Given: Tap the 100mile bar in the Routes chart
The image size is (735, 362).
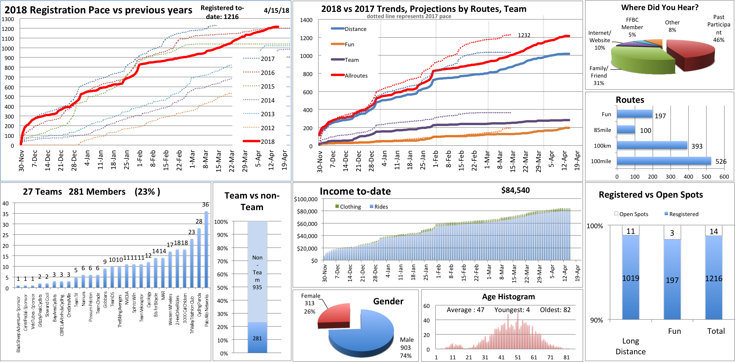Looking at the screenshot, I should [664, 161].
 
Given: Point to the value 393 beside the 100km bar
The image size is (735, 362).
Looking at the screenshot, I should [697, 146].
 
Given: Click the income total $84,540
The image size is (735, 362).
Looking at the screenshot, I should [515, 190].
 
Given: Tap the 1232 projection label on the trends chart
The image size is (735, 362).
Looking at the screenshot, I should [524, 35].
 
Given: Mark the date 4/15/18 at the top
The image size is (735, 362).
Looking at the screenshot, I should [276, 10].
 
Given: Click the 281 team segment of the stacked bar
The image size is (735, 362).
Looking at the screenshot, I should [257, 338].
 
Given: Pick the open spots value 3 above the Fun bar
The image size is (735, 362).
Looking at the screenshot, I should [672, 233].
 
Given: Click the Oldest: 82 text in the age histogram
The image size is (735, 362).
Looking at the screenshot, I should [555, 310].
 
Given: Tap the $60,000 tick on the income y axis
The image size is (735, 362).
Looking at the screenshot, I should [307, 224].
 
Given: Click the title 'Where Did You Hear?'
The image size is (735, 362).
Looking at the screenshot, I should [659, 7].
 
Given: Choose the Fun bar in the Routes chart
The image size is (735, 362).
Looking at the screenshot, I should [634, 114].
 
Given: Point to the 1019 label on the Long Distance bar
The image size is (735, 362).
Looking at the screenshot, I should [631, 278].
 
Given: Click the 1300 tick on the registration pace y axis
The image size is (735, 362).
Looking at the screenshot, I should [8, 19].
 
